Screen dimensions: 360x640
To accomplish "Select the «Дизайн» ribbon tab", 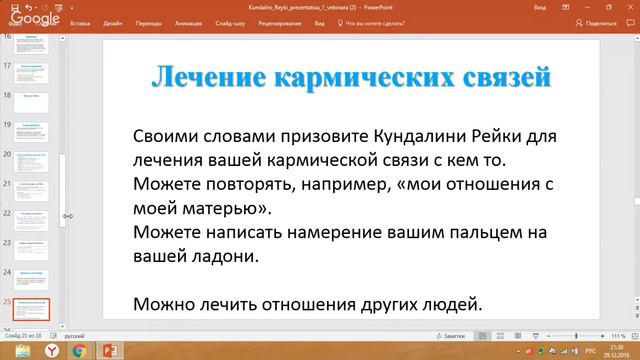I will [x=113, y=22].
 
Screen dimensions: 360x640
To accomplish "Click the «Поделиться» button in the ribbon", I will [x=599, y=22].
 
